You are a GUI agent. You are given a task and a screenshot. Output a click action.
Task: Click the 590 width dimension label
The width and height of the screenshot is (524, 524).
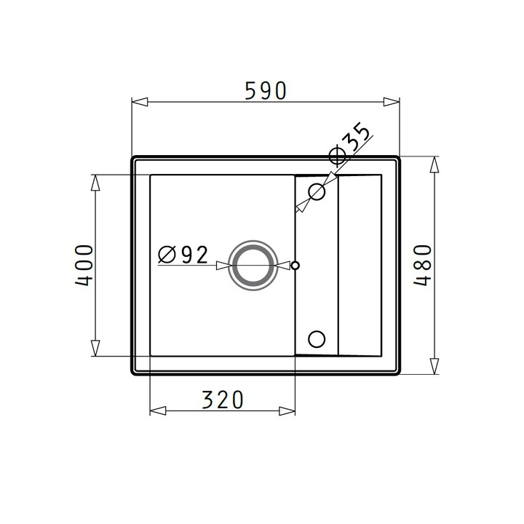266,90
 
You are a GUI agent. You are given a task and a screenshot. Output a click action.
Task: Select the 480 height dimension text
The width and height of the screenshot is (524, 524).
423,266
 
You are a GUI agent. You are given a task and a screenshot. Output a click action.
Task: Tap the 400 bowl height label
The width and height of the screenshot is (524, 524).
84,266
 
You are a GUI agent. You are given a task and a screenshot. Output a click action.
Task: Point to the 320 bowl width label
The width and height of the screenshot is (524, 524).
223,400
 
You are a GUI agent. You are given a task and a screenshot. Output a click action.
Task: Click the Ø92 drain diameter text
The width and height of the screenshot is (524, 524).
183,255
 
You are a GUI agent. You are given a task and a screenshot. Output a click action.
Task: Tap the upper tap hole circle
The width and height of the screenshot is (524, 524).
317,192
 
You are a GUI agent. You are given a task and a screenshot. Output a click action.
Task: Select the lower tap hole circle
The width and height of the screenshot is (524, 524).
317,339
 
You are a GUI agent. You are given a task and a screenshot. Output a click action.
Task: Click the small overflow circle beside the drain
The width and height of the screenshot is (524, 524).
295,266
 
